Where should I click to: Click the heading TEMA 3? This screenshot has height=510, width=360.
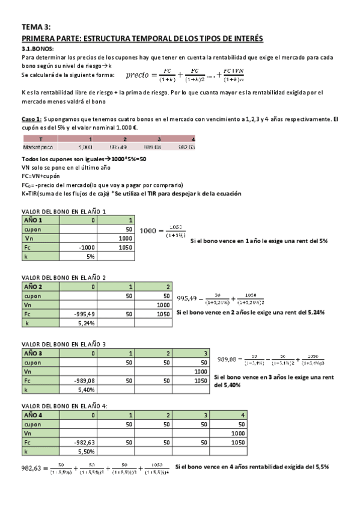(35, 27)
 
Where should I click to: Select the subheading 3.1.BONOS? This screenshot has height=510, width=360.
(37, 48)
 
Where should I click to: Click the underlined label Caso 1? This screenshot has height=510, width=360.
(31, 119)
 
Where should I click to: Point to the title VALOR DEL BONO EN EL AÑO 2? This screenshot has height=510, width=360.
(64, 277)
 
